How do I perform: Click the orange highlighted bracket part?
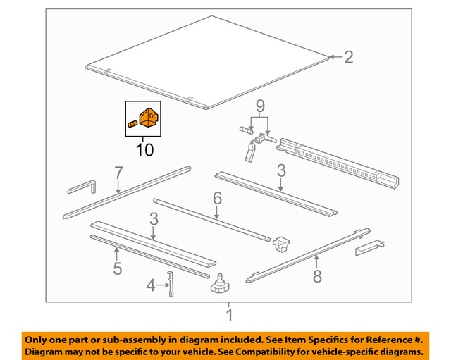click(149, 118)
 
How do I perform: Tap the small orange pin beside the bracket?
click(132, 125)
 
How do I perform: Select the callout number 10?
click(144, 149)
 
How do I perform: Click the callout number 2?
click(347, 57)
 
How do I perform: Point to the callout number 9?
click(260, 107)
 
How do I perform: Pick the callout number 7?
click(118, 173)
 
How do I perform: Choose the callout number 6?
click(217, 199)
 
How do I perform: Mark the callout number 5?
click(117, 268)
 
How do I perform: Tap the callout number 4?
click(150, 285)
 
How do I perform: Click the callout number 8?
click(317, 276)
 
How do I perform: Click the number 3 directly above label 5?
click(154, 220)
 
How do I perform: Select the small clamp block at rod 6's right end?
click(283, 244)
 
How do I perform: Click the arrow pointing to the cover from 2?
click(334, 57)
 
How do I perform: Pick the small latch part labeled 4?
click(170, 285)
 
